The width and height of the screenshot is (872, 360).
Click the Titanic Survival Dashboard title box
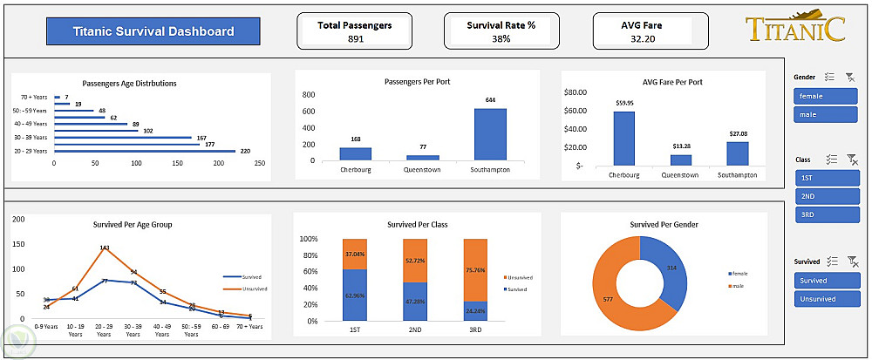point(153,31)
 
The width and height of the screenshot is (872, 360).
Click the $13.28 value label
point(680,146)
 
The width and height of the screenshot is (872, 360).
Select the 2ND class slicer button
point(827,196)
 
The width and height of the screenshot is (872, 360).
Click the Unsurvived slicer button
point(827,299)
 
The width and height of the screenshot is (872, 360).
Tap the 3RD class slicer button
point(827,214)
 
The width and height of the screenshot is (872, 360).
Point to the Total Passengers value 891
point(356,39)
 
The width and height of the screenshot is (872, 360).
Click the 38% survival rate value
point(501,39)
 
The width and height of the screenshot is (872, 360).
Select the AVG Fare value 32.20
point(642,39)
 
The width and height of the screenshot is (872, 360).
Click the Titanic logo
point(795,28)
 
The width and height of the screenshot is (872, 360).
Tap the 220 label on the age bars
point(245,151)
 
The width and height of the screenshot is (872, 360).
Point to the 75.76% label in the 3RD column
point(476,270)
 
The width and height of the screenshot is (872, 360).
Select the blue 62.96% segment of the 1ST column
point(355,295)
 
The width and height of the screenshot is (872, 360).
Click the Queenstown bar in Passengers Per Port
point(423,158)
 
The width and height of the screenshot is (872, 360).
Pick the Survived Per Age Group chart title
point(133,224)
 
